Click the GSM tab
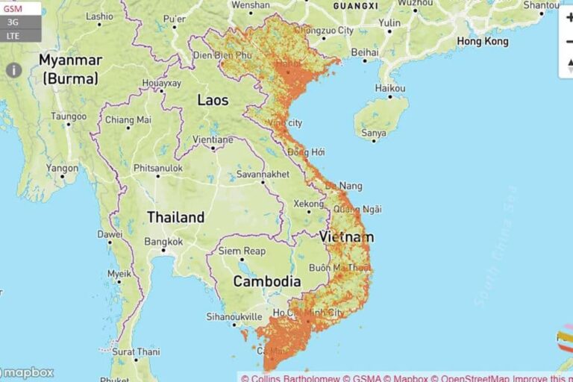tap(14, 8)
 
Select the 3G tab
tap(13, 22)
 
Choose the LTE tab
tap(13, 35)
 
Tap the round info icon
tap(13, 70)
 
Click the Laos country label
tap(213, 100)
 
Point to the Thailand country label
tap(175, 218)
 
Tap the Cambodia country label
tap(267, 281)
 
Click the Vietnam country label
tap(347, 237)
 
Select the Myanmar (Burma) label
tap(69, 68)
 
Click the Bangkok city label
tap(163, 242)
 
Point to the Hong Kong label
tap(483, 42)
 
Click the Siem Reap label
tap(242, 251)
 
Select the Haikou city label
tap(390, 88)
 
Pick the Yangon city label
tap(62, 169)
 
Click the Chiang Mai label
tap(128, 119)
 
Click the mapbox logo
tap(28, 372)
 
